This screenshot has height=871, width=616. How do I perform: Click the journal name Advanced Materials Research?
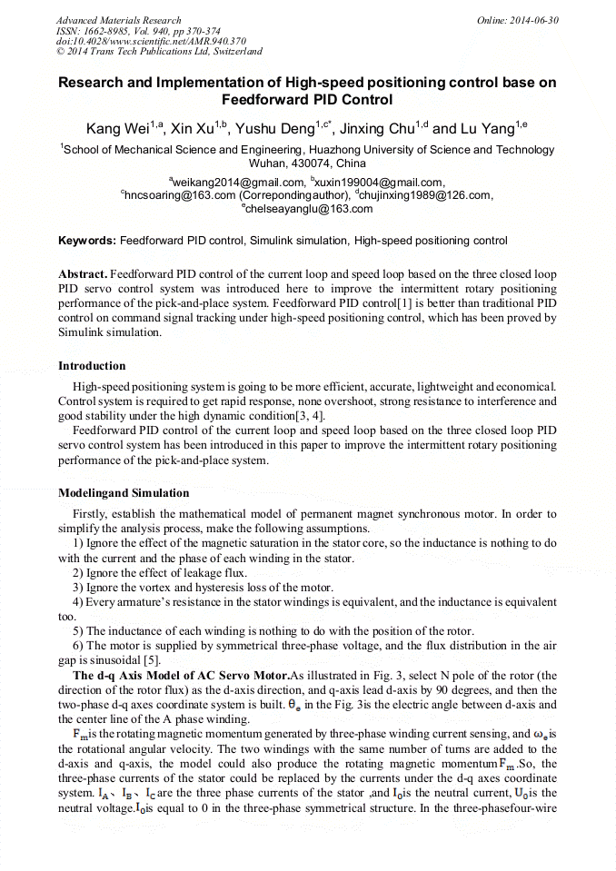(x=118, y=20)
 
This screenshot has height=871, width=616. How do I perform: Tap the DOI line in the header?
(x=151, y=41)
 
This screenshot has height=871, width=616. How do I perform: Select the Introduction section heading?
(x=92, y=366)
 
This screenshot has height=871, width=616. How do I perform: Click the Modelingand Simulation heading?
(x=124, y=493)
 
